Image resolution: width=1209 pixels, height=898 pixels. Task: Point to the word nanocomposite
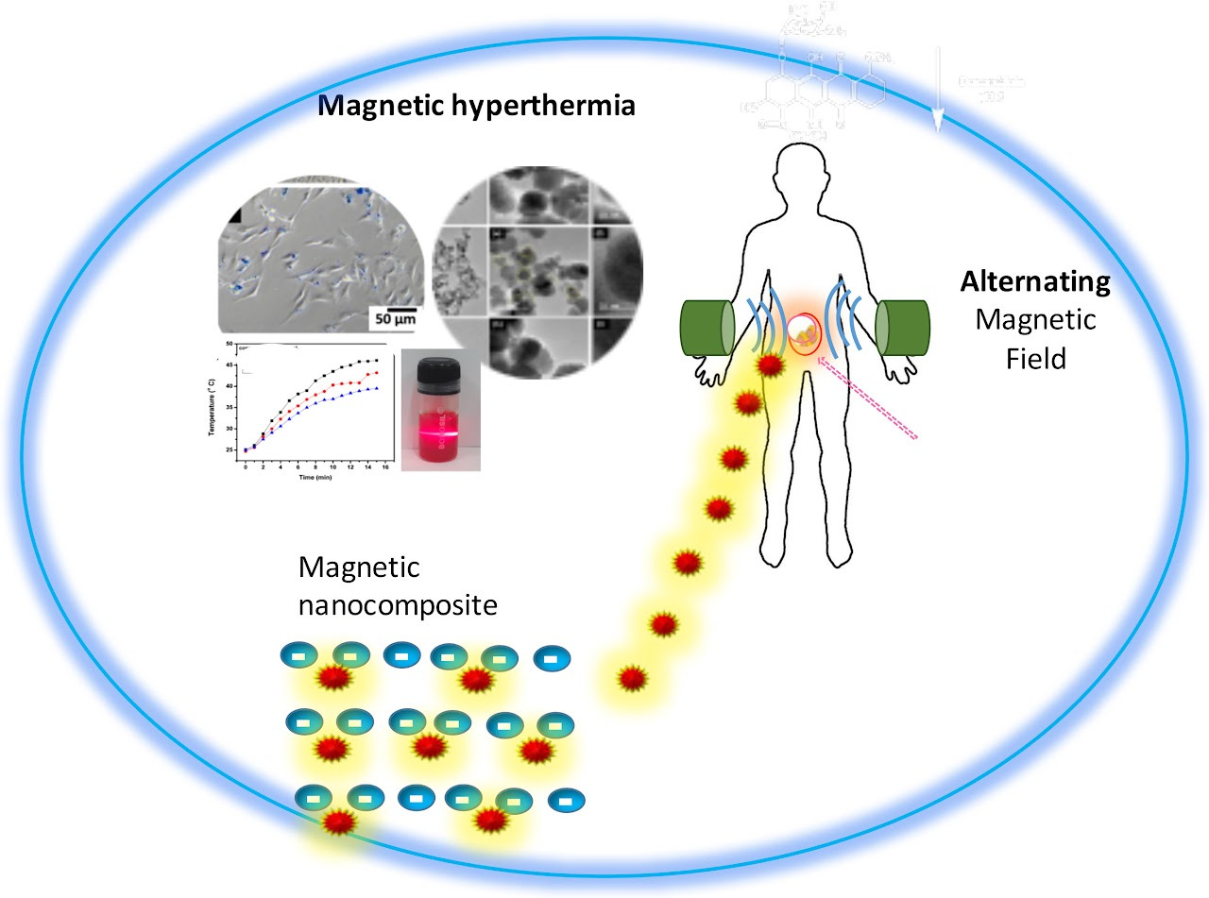pyautogui.click(x=397, y=604)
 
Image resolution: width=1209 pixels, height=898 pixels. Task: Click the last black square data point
pyautogui.click(x=378, y=360)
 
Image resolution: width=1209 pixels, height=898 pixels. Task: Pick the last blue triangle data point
pyautogui.click(x=378, y=388)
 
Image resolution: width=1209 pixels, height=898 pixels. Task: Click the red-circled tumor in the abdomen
pyautogui.click(x=805, y=333)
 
